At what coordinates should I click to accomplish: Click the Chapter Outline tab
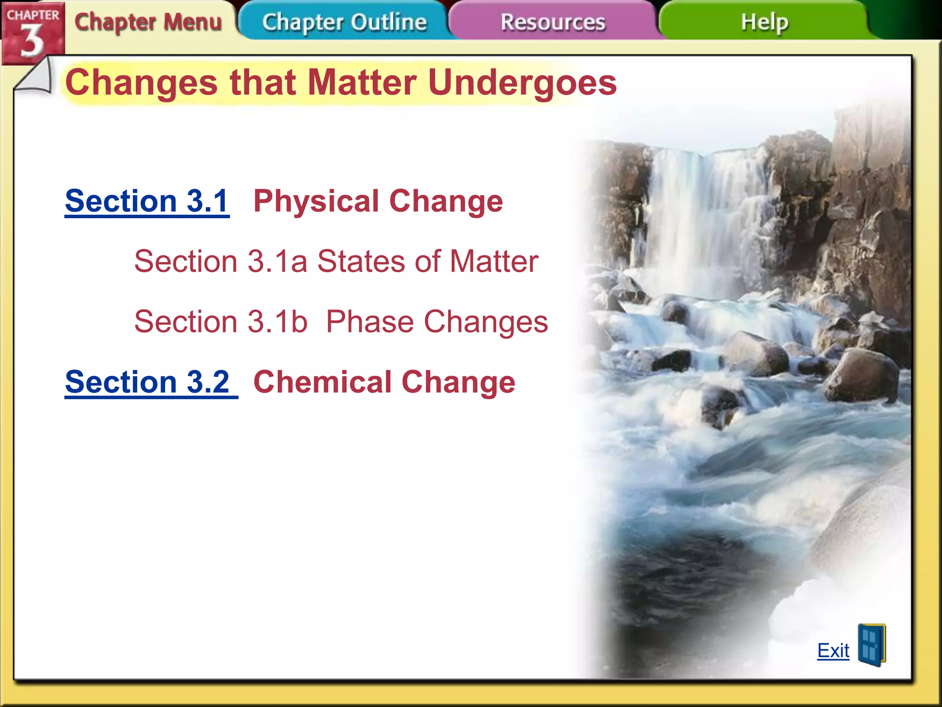[344, 22]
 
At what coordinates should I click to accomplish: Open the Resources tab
[552, 22]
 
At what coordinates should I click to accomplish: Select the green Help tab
[764, 22]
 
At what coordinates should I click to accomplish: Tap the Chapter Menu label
[148, 22]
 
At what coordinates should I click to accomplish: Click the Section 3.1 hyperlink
[147, 201]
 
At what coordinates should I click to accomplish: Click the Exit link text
[833, 650]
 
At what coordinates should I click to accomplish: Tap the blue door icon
[871, 645]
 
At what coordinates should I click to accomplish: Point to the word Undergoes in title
[522, 83]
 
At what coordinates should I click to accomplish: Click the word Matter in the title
[362, 83]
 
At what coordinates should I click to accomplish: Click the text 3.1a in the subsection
[277, 261]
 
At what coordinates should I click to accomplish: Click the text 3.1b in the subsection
[277, 321]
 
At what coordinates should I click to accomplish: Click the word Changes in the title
[141, 83]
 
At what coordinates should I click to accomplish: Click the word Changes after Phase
[486, 321]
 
